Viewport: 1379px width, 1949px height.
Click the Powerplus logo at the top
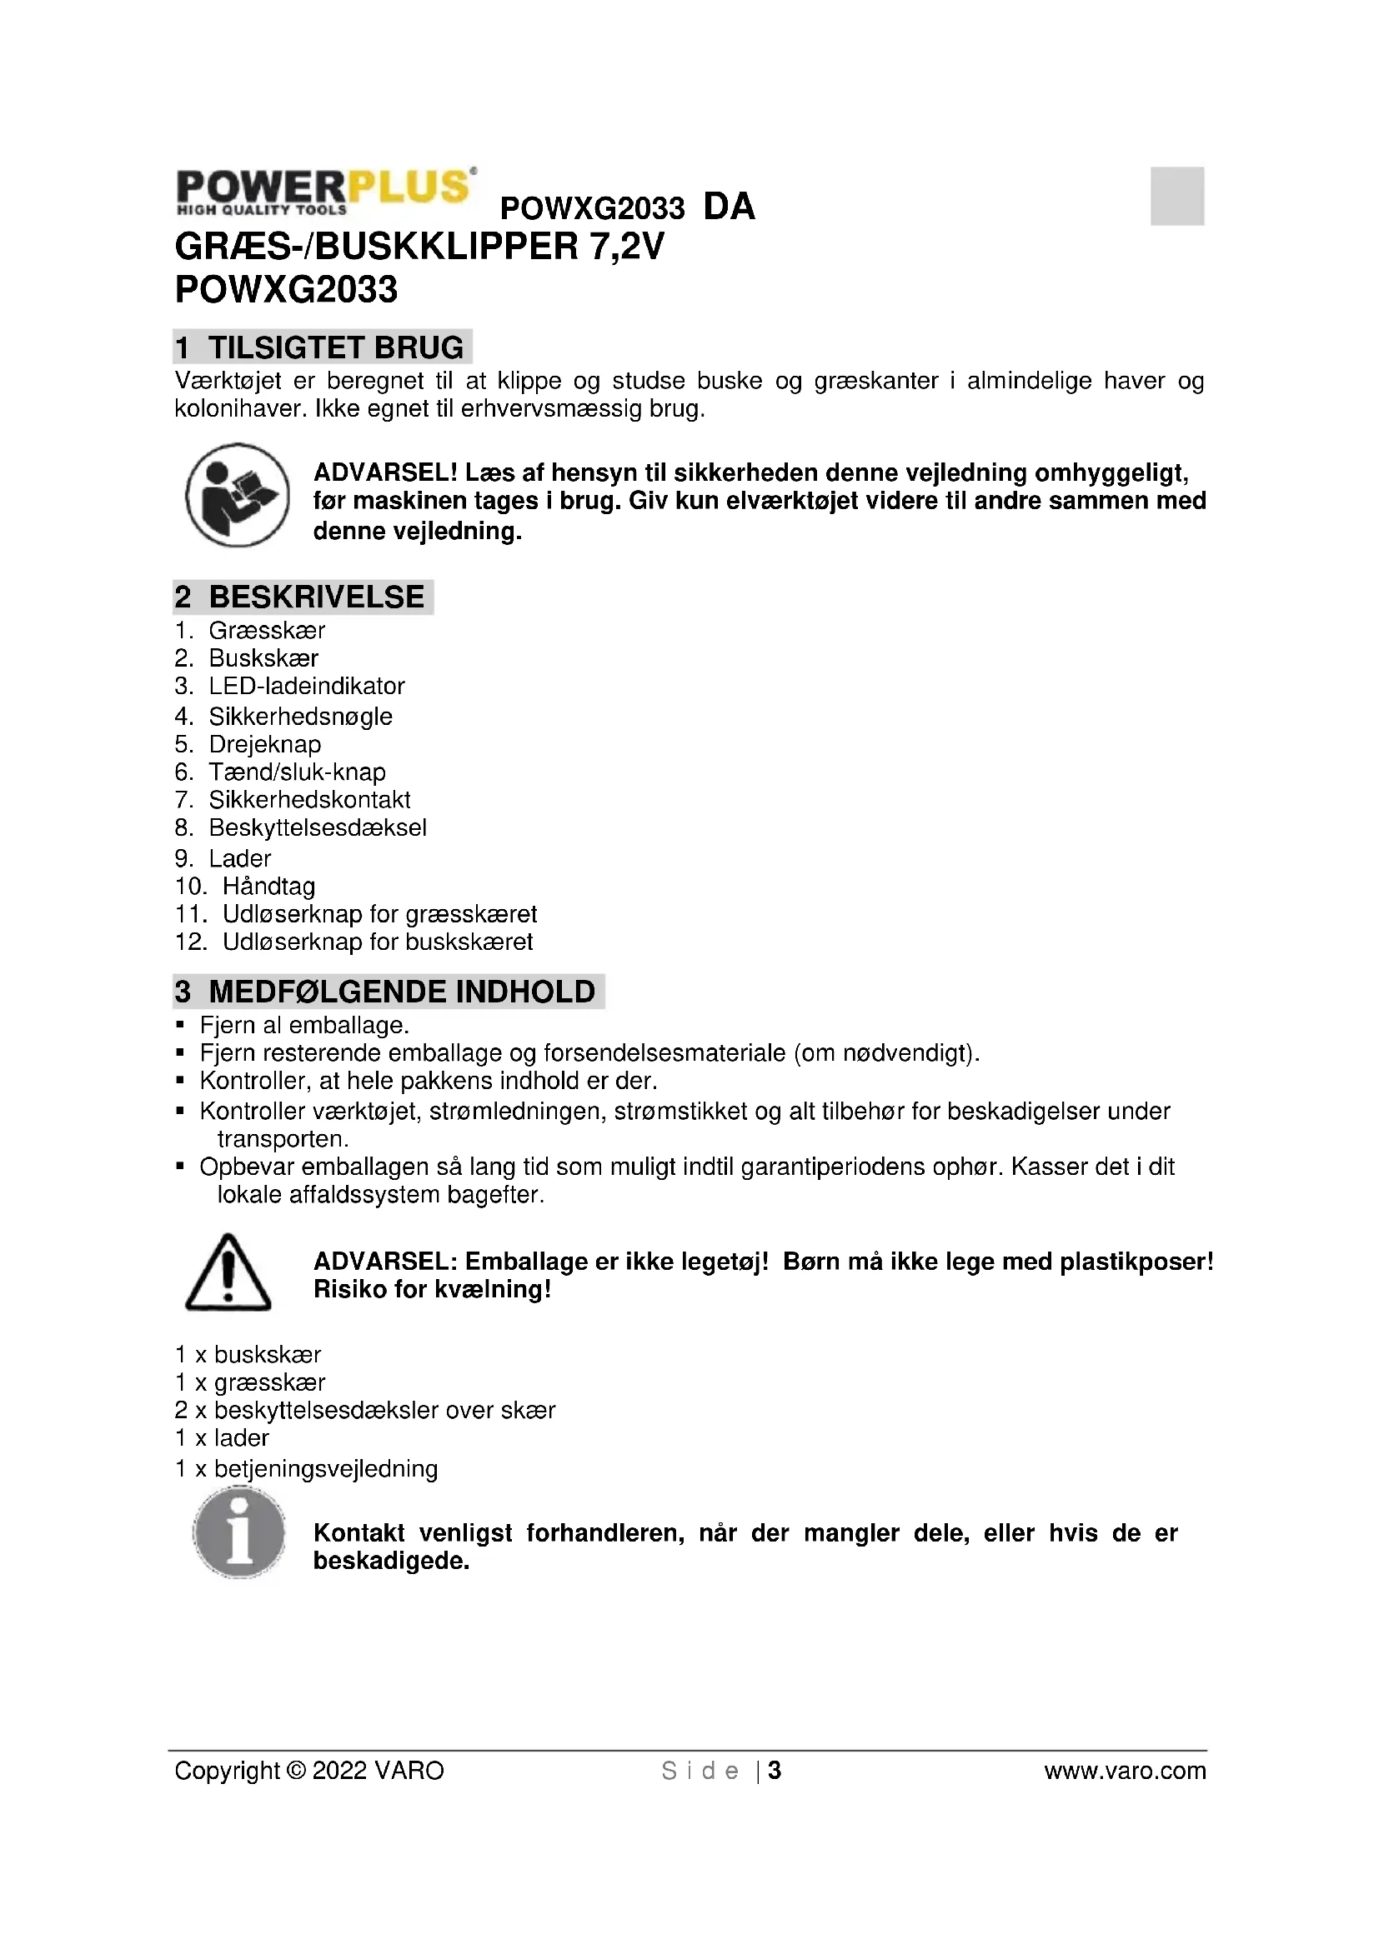coord(324,190)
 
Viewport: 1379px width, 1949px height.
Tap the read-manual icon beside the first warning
coord(238,495)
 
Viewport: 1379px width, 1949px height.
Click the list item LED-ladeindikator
coord(307,686)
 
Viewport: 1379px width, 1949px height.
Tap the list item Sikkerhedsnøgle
coord(301,717)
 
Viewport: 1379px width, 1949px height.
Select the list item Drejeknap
coord(265,744)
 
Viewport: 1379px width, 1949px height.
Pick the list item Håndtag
coord(268,887)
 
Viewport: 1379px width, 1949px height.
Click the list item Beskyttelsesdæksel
coord(318,827)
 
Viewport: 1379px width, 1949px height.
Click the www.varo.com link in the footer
coord(1124,1771)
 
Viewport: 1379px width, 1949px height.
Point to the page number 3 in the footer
coord(775,1771)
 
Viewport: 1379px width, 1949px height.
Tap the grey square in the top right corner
coord(1177,196)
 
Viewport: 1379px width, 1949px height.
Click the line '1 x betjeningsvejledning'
coord(307,1469)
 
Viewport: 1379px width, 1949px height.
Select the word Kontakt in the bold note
coord(359,1533)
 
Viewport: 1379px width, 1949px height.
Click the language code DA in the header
coord(729,207)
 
